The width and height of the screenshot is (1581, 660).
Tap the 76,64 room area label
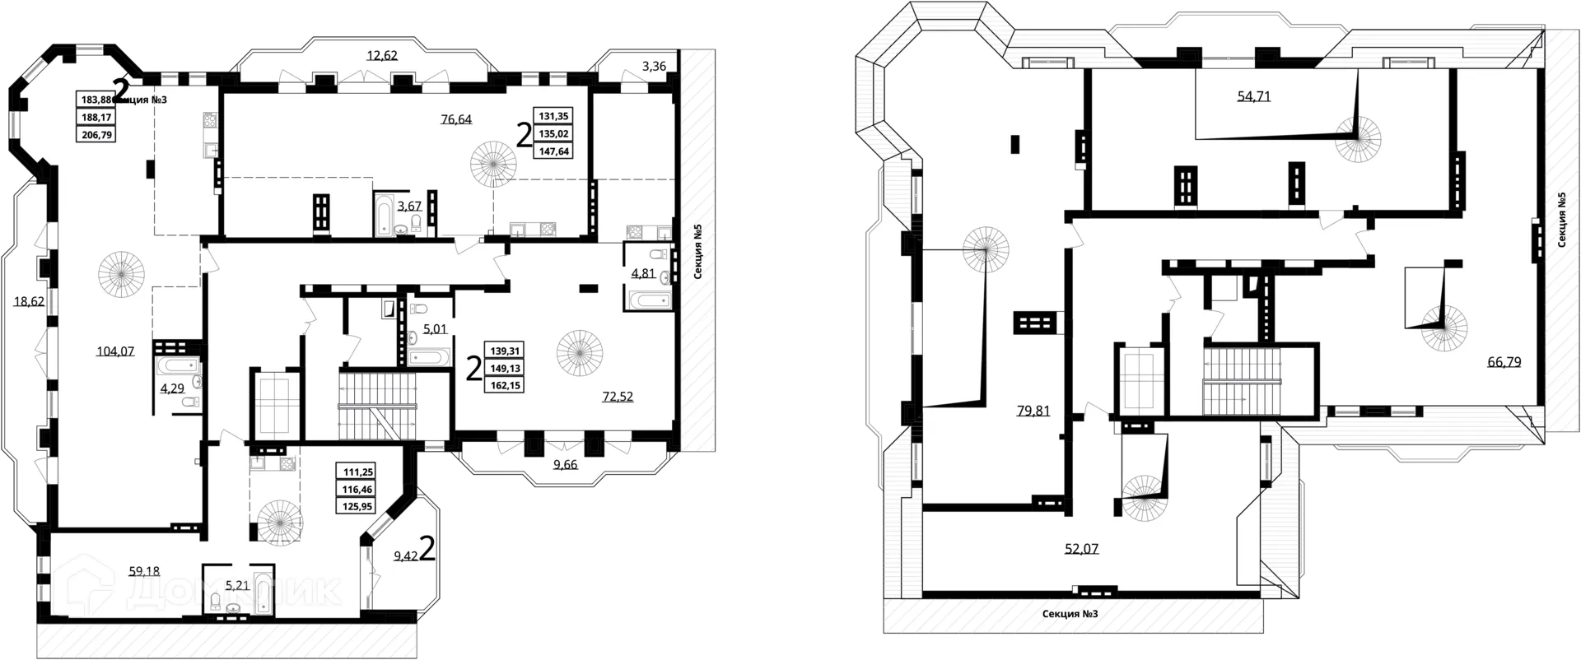[456, 119]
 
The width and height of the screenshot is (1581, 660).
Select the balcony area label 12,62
[382, 56]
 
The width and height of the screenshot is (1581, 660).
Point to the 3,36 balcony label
[654, 67]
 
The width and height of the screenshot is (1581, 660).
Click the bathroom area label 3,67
[409, 207]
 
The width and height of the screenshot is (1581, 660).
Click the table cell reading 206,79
[96, 133]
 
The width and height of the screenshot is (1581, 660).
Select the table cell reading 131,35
[553, 116]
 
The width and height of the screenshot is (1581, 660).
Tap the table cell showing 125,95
[357, 505]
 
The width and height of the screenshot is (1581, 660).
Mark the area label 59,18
[144, 570]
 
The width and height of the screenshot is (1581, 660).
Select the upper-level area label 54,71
[1253, 96]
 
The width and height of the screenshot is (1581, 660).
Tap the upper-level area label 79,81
[1033, 411]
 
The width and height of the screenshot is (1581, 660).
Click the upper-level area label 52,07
[1081, 548]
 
